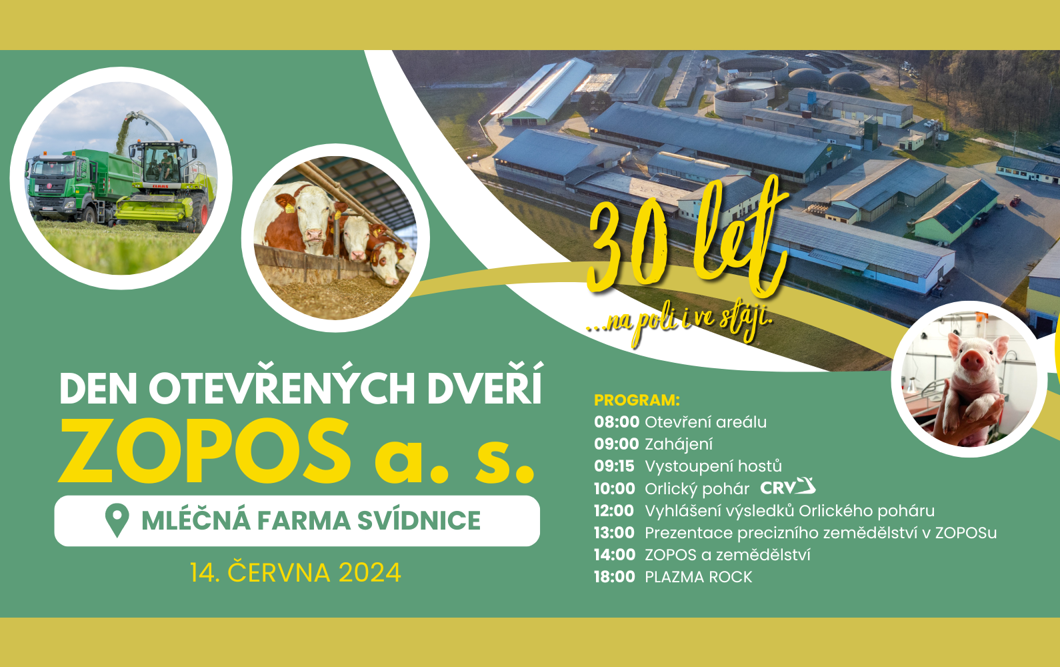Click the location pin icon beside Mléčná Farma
(x=117, y=520)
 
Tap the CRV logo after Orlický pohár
(x=787, y=487)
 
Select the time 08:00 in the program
(x=617, y=422)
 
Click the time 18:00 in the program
(x=615, y=576)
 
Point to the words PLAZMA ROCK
(x=699, y=576)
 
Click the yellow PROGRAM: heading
(x=637, y=400)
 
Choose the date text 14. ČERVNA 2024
(x=295, y=572)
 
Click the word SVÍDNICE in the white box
(x=419, y=520)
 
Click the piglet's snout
(x=973, y=362)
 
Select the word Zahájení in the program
(x=679, y=444)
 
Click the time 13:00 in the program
(x=614, y=532)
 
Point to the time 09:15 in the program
(x=614, y=466)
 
